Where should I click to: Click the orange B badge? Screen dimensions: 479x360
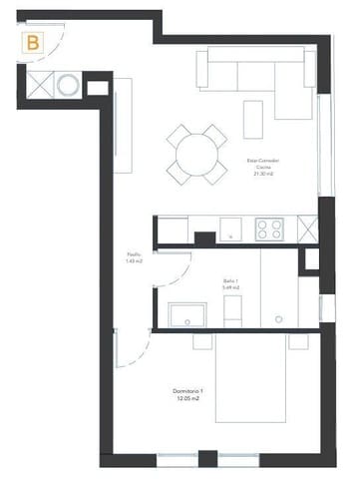point(34,43)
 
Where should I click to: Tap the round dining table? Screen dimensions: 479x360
point(197,154)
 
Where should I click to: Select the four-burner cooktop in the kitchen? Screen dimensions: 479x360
point(269,230)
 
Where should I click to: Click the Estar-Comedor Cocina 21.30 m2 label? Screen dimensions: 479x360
point(263,166)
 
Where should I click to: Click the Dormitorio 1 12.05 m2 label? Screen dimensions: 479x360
point(187,393)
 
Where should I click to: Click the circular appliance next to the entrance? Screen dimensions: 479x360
point(67,86)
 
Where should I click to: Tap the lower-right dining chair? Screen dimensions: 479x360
point(217,173)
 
